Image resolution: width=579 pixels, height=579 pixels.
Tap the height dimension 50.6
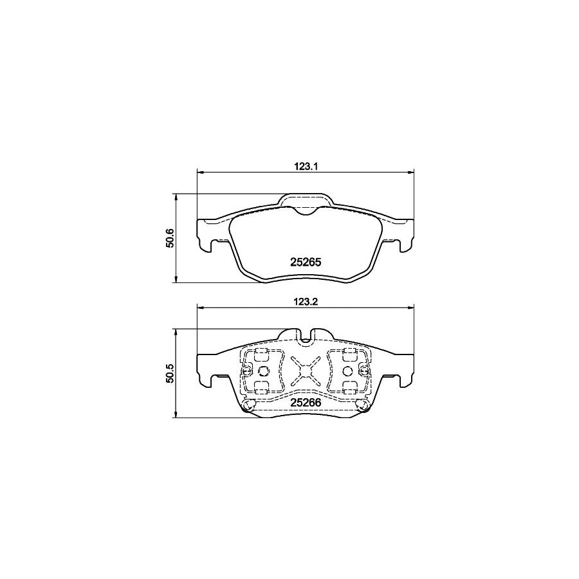coord(170,239)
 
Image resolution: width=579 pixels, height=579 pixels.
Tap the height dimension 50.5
coord(170,374)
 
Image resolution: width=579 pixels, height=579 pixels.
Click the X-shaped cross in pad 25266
coord(304,370)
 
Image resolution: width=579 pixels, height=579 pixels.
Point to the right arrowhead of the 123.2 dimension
coord(410,308)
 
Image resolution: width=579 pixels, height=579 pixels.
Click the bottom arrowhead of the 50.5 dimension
coord(176,415)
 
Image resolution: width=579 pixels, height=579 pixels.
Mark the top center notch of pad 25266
coord(304,334)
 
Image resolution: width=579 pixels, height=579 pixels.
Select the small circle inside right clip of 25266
coord(347,371)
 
